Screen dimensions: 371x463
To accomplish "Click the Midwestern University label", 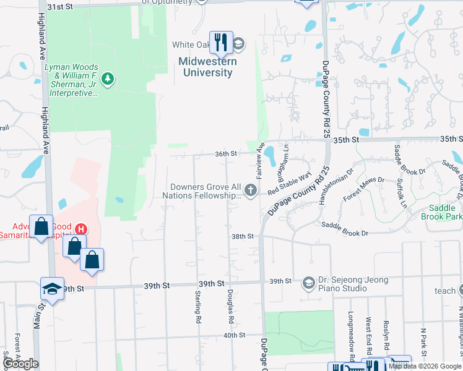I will pos(206,67).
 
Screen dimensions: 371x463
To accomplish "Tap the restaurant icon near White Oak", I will pos(221,42).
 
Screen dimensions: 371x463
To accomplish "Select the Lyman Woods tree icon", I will pos(108,79).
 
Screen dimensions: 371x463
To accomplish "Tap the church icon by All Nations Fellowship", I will pos(251,190).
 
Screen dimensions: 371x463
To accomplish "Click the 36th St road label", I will pos(226,153).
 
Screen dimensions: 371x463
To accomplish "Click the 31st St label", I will pos(60,6).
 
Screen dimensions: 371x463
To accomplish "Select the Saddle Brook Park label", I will pos(442,212).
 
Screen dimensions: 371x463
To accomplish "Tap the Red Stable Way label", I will pos(288,184).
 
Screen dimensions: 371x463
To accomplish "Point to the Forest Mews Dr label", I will pos(363,188).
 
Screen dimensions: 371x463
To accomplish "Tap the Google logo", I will pos(20,364).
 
